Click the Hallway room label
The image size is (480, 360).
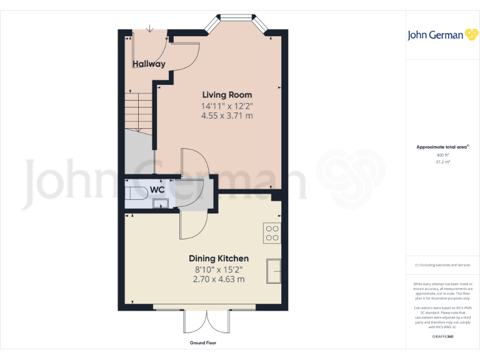[149, 64]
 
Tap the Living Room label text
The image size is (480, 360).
[227, 95]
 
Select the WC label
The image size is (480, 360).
[157, 189]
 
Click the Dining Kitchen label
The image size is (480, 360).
[219, 258]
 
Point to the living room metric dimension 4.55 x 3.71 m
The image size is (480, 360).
[227, 116]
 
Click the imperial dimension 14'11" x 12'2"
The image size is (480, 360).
[227, 106]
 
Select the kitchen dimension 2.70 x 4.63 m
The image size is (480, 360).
[219, 279]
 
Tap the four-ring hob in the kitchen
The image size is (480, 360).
[272, 232]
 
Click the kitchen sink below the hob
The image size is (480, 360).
[274, 270]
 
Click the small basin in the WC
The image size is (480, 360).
[159, 202]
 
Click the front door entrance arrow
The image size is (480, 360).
[150, 28]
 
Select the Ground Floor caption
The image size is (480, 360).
[203, 343]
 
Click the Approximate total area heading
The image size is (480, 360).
[442, 147]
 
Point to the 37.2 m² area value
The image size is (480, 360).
[442, 161]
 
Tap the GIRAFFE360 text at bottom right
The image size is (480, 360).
[442, 337]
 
